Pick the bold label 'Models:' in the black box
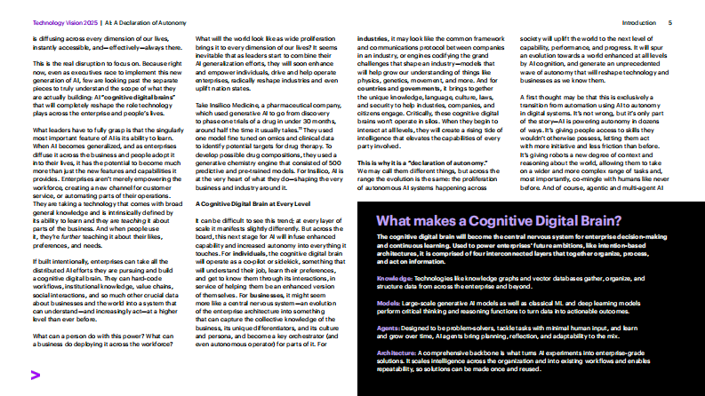tap(389, 302)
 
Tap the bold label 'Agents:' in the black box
tap(389, 327)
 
